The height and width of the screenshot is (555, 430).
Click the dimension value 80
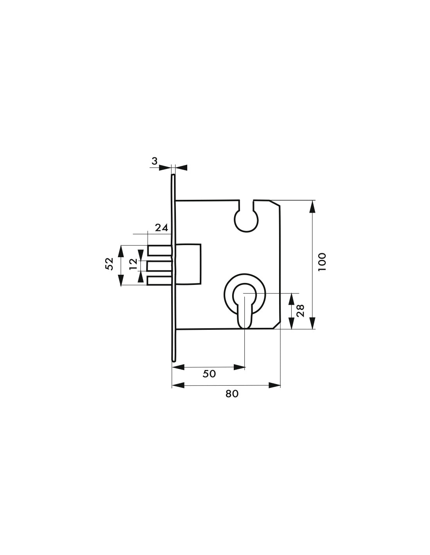click(232, 394)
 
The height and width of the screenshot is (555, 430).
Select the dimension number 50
click(209, 374)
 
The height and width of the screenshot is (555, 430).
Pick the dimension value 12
click(133, 264)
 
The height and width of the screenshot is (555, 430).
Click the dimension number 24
click(161, 228)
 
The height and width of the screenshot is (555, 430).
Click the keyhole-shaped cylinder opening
click(245, 304)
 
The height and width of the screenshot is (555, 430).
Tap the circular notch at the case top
click(246, 219)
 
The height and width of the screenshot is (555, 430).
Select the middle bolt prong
click(159, 266)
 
